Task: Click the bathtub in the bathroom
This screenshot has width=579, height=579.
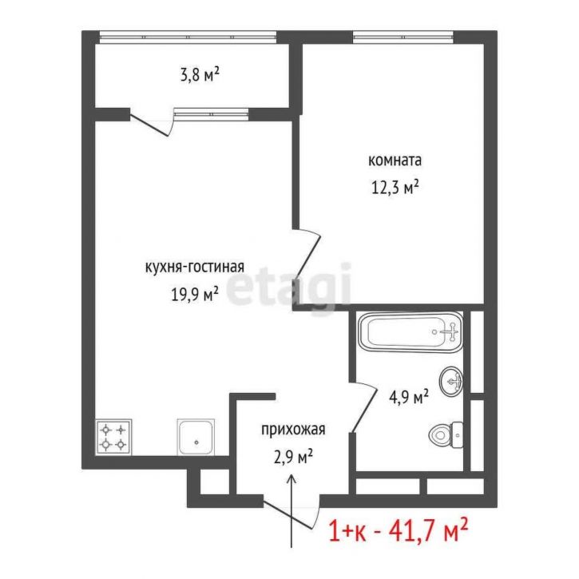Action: (410, 332)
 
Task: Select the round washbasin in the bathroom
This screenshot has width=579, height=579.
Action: (451, 382)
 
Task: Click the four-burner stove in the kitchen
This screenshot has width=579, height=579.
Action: (113, 437)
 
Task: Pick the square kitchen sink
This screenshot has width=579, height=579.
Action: (196, 437)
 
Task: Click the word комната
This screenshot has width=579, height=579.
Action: (395, 161)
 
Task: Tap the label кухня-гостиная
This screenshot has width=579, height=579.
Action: (195, 267)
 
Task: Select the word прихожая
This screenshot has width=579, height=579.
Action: (293, 430)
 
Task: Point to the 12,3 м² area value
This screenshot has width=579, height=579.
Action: (395, 187)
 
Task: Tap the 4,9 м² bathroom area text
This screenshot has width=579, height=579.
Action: (409, 397)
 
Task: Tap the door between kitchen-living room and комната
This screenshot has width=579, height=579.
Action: (307, 256)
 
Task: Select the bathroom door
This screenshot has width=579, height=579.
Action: (363, 408)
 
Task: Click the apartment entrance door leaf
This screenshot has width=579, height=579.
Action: (291, 514)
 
